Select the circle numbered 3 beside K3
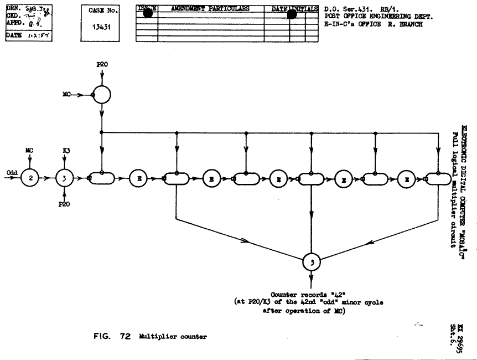coord(65,178)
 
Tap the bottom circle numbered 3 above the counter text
coord(312,263)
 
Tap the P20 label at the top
coord(102,64)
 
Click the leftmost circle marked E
coord(138,178)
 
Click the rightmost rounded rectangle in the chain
coord(437,178)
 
